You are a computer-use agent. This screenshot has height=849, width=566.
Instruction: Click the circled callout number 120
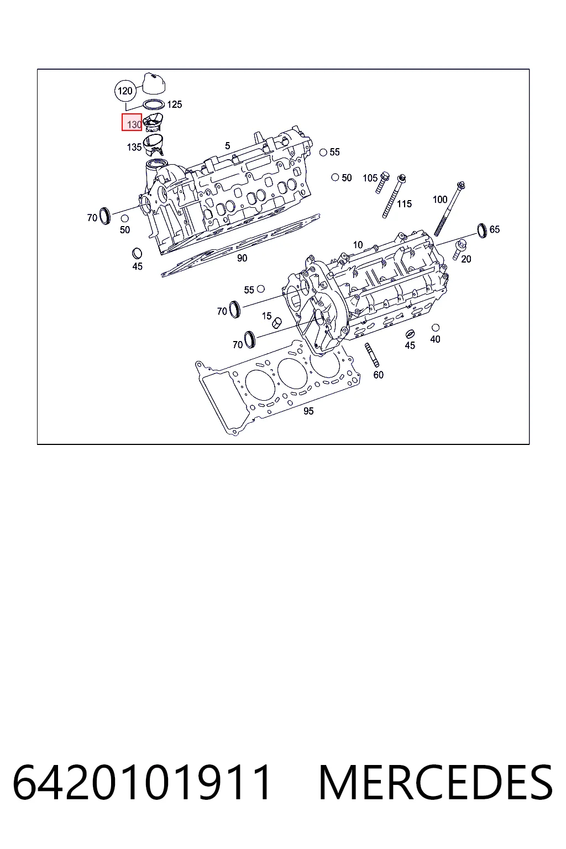coord(125,91)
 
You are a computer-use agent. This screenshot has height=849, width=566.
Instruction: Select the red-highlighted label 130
coord(132,122)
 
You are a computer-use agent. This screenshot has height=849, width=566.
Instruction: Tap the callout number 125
coord(175,104)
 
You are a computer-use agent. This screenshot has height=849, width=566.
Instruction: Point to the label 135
coord(134,147)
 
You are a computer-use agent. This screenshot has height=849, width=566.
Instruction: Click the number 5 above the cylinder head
coord(228,145)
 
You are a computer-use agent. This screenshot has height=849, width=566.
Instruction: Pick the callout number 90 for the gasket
coord(242,258)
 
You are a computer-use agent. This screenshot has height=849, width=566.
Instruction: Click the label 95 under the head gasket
coord(308,411)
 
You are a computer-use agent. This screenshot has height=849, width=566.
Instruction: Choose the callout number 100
coord(440,200)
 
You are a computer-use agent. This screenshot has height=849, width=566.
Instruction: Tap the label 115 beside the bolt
coord(404,204)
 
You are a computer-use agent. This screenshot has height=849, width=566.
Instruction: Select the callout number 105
coord(370,178)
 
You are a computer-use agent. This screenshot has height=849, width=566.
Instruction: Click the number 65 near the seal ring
coord(495,229)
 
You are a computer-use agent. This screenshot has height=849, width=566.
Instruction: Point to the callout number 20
coord(467,259)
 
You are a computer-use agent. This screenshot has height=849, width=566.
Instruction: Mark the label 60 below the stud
coord(378,375)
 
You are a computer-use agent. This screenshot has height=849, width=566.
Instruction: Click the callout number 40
coord(435,339)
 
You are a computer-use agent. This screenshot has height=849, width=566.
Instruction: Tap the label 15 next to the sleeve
coord(266,316)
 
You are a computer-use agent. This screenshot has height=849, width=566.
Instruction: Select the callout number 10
coord(358,245)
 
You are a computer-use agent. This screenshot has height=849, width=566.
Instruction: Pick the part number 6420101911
coord(142,782)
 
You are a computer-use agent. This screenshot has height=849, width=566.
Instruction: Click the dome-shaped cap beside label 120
coord(154,82)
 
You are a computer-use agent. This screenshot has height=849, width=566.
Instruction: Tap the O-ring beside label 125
coord(154,104)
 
